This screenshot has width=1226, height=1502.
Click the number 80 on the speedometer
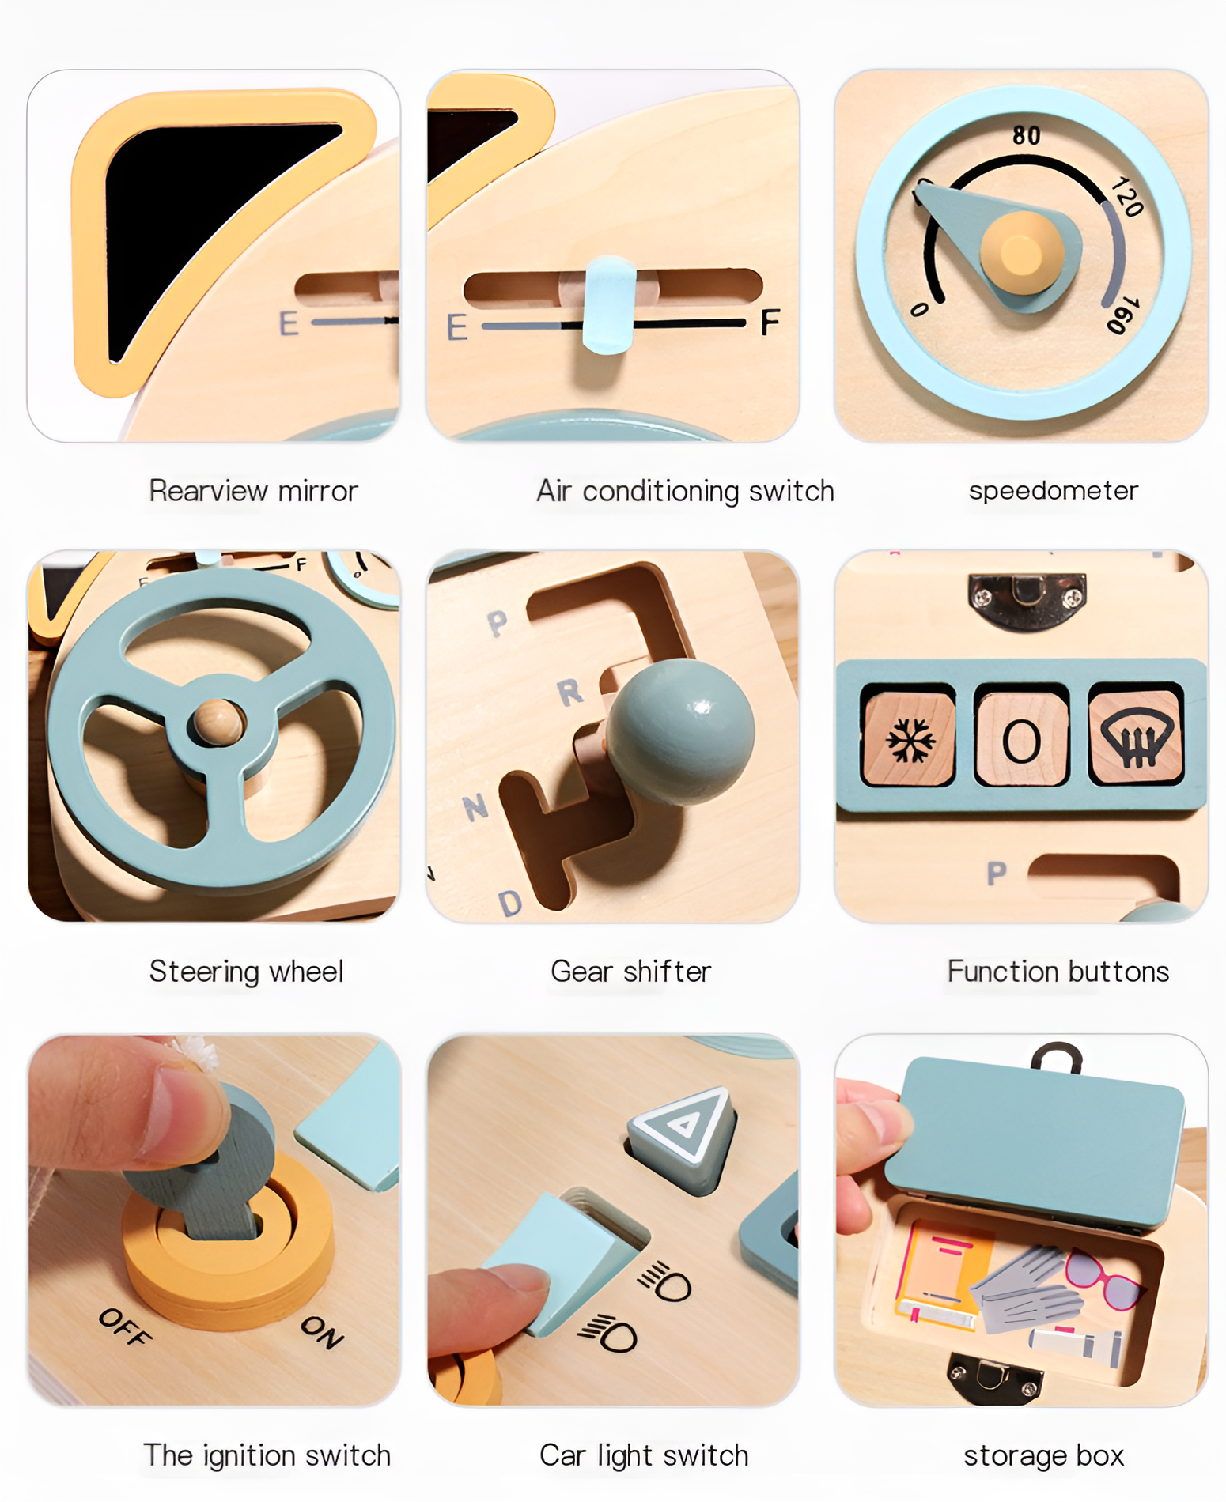(1026, 135)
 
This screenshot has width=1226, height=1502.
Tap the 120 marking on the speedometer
(1126, 197)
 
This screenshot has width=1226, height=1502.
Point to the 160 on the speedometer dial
(1122, 315)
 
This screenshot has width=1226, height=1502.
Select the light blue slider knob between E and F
(609, 304)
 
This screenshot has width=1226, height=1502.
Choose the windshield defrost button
(1136, 738)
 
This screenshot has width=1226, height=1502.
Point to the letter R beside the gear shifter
(570, 693)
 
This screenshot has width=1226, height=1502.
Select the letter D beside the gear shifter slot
(510, 902)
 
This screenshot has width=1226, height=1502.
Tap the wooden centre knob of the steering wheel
(218, 720)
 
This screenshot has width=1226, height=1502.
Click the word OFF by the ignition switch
(124, 1326)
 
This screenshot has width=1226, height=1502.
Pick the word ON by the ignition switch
(322, 1331)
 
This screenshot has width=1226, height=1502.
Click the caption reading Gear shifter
(630, 972)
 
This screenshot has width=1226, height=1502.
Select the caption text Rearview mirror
(253, 491)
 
